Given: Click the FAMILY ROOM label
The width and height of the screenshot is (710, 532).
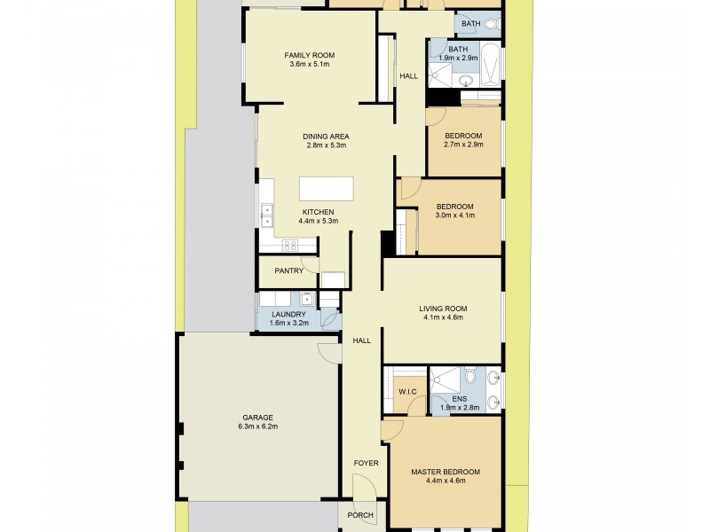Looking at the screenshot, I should [x=309, y=54].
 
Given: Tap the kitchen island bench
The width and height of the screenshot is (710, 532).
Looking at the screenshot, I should [x=326, y=190].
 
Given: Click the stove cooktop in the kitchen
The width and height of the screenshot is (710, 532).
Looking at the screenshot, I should [x=289, y=245].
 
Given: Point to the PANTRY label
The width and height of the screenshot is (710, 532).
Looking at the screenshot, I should [x=289, y=271].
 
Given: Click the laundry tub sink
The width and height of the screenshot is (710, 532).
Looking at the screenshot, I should [x=305, y=299].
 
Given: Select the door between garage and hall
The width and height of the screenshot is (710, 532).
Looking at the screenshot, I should [x=330, y=351].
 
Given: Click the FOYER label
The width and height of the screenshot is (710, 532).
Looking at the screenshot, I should [x=366, y=463].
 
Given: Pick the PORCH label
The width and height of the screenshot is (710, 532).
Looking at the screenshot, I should [x=361, y=516].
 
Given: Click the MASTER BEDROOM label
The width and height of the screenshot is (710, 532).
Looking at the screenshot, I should [x=446, y=472].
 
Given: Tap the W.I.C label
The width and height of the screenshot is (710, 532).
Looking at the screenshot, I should [x=407, y=391].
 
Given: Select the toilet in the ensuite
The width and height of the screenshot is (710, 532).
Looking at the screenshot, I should [x=469, y=375].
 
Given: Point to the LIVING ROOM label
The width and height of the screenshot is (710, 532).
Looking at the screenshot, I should [x=442, y=309].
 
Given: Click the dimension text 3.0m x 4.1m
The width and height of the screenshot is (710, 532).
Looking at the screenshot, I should [x=455, y=215].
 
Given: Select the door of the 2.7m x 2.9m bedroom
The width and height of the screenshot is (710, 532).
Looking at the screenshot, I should [x=435, y=115].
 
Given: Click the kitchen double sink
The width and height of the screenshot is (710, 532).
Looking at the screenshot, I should [x=265, y=213].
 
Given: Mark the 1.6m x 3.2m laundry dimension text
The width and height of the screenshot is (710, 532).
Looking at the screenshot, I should [x=288, y=323].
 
